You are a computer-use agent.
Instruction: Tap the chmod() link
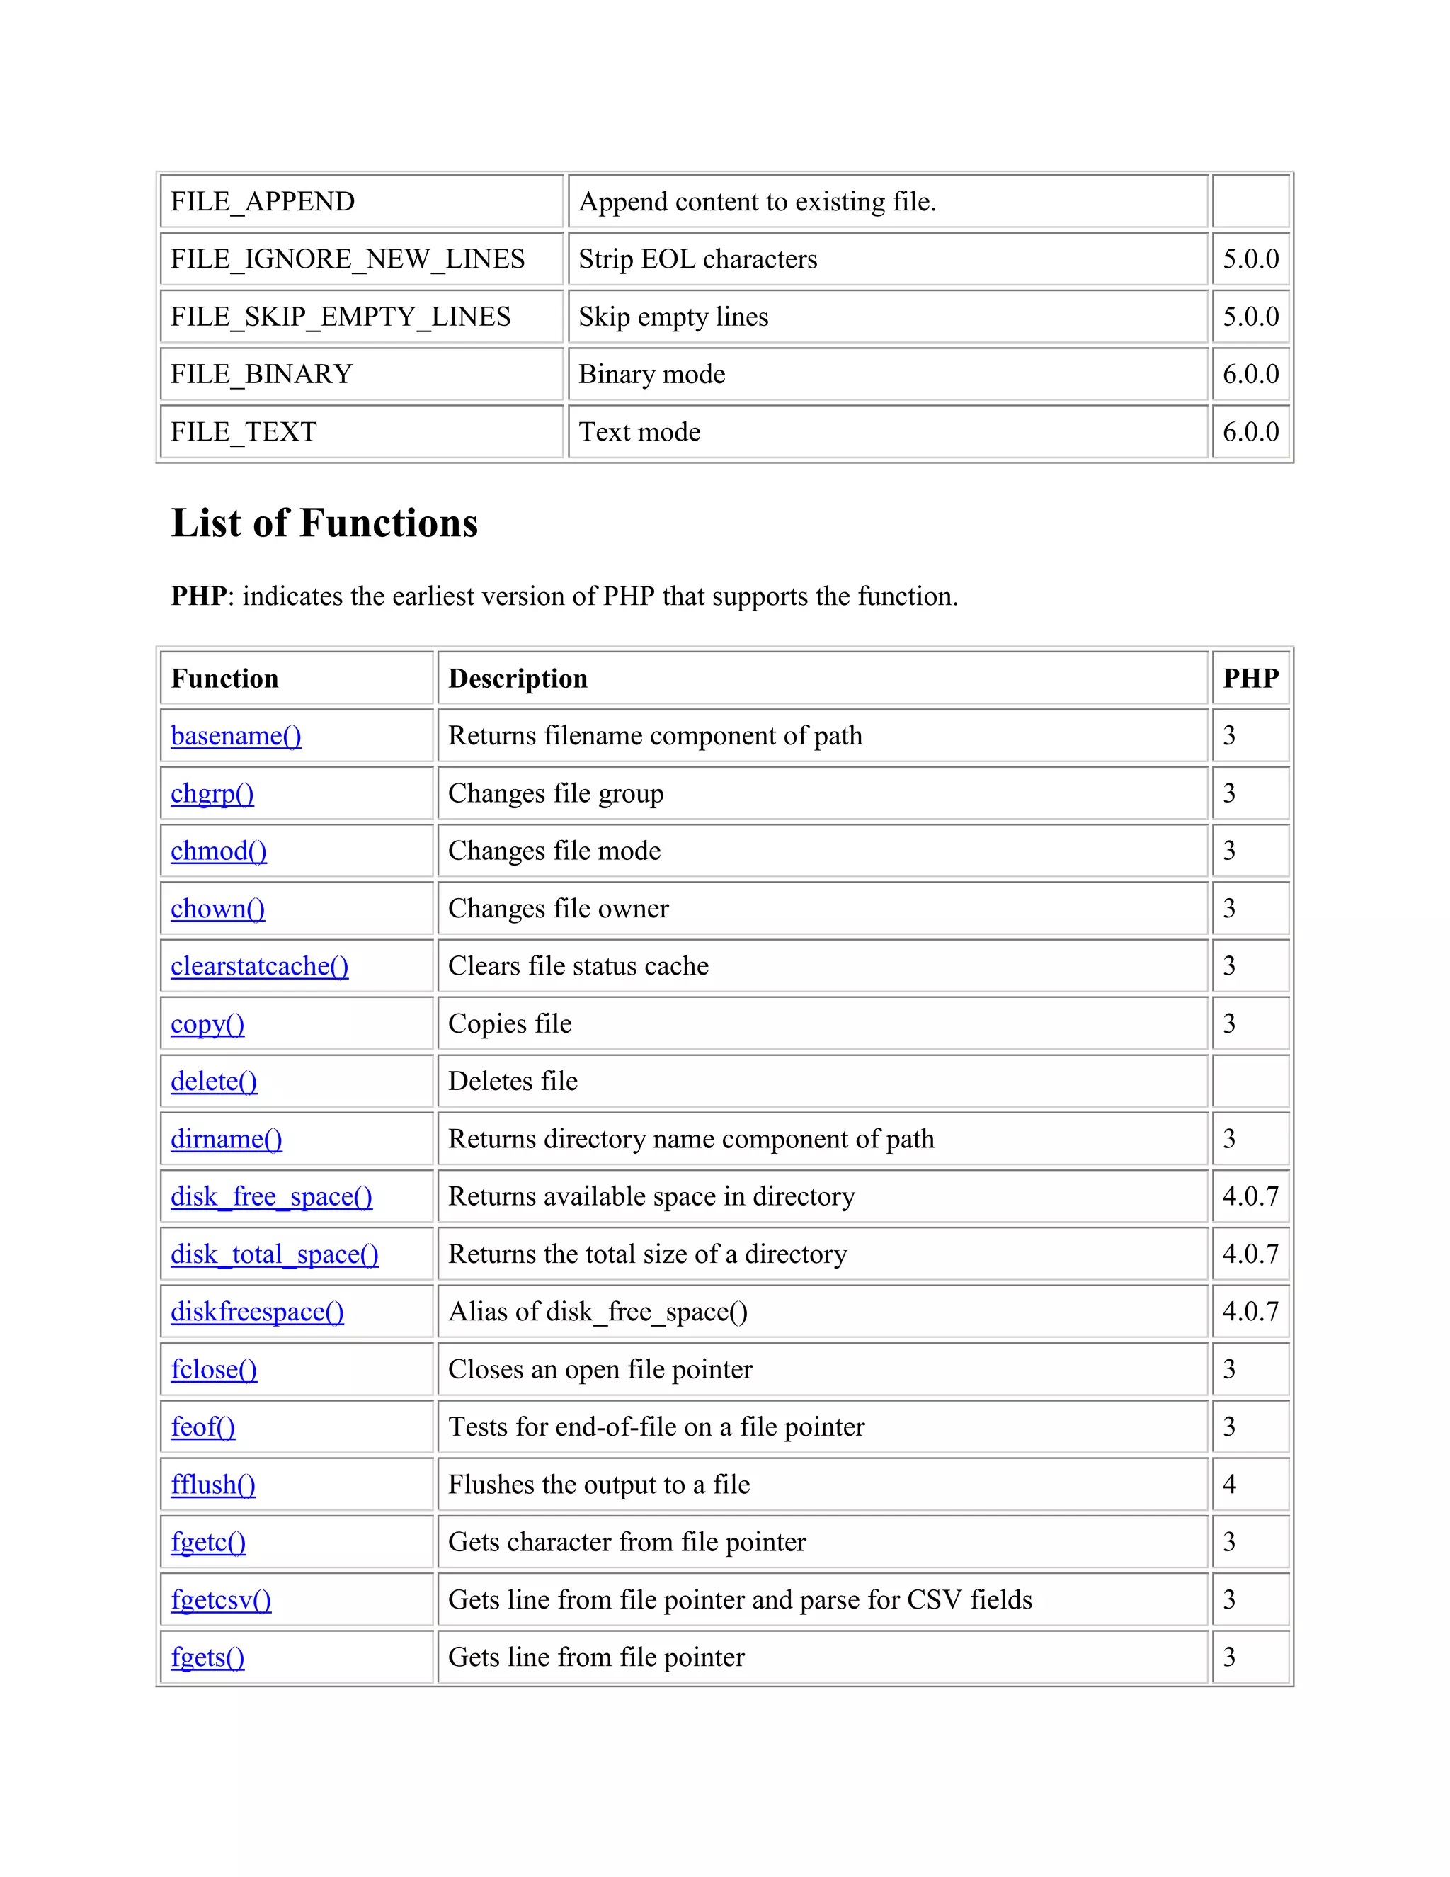pos(218,851)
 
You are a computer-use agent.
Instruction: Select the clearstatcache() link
pos(259,966)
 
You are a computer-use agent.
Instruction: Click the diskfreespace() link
pos(257,1312)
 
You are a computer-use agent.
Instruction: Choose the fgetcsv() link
pos(221,1599)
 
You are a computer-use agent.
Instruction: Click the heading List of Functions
pos(325,523)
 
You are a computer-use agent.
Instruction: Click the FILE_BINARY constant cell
pos(262,374)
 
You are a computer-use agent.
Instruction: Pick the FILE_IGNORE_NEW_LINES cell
pos(348,259)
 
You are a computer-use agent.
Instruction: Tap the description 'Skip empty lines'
pos(673,317)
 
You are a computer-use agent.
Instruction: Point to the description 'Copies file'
pos(510,1023)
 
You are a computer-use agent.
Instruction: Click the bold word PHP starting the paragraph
pos(199,596)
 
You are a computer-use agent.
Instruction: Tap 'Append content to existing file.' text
pos(757,201)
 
